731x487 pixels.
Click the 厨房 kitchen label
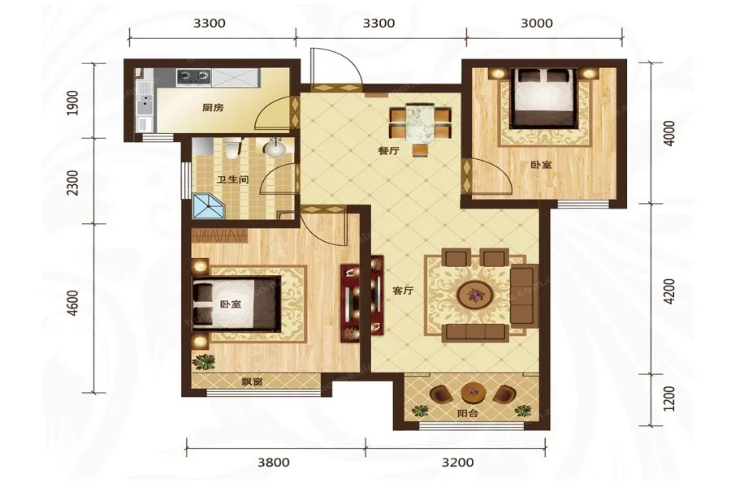213,108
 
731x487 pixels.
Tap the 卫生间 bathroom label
232,179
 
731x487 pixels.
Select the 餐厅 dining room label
388,151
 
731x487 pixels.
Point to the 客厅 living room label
403,291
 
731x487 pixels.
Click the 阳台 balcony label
468,413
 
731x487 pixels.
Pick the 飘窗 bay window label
252,382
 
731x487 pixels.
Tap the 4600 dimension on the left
73,304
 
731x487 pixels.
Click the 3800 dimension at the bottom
274,463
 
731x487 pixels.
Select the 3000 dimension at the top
537,23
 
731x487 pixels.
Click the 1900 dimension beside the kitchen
73,103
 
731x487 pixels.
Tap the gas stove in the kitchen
193,77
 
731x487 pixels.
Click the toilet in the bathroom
231,147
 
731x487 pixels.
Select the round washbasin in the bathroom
275,149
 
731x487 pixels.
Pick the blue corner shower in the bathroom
209,207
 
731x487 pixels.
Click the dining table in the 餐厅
420,122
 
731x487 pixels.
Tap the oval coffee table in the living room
475,295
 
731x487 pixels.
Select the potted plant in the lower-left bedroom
204,362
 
